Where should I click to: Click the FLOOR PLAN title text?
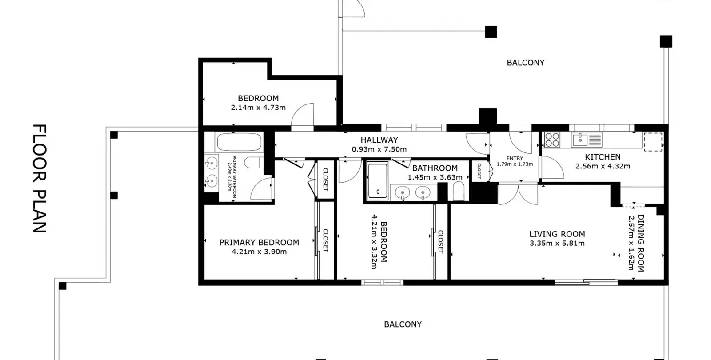(x=40, y=179)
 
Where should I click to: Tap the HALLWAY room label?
(x=379, y=140)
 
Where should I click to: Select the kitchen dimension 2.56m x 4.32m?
(x=603, y=166)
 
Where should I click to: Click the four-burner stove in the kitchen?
(x=552, y=140)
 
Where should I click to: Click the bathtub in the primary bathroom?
(x=239, y=142)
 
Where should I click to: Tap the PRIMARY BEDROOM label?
(x=259, y=243)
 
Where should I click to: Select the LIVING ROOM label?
(x=557, y=234)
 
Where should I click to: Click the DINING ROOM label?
(x=641, y=243)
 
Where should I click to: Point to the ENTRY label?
(x=515, y=158)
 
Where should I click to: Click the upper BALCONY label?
(x=526, y=63)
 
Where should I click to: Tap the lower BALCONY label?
(x=403, y=324)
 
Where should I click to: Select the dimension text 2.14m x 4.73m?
(x=258, y=107)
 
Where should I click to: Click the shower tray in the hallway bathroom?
(x=378, y=181)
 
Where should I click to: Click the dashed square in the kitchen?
(x=653, y=142)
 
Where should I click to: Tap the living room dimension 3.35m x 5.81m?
(x=557, y=243)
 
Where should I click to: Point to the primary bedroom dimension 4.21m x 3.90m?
(x=259, y=252)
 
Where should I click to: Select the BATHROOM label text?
(x=435, y=168)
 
